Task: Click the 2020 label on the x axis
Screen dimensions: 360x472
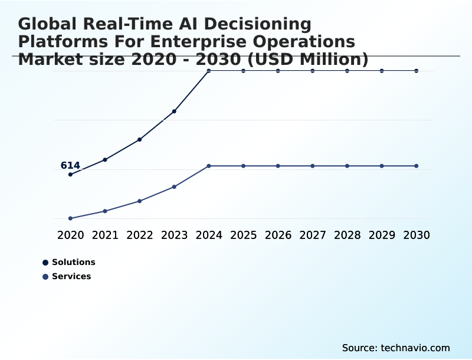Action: [x=71, y=235]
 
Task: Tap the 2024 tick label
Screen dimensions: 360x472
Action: [x=209, y=235]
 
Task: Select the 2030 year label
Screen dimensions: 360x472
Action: [x=417, y=235]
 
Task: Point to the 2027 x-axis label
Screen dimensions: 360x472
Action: [x=313, y=235]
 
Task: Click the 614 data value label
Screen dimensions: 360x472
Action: [x=70, y=166]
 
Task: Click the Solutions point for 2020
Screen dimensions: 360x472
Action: [x=71, y=174]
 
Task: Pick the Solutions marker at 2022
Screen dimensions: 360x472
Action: [x=140, y=139]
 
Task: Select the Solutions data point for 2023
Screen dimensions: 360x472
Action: [x=174, y=111]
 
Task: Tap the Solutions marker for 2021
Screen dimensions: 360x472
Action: [x=105, y=159]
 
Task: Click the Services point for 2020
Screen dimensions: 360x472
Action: [x=71, y=218]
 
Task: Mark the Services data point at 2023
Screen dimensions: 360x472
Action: [x=174, y=186]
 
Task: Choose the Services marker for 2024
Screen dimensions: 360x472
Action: [x=209, y=166]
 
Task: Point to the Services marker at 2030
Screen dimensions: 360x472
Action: [x=417, y=166]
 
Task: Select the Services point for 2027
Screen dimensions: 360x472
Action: [x=313, y=166]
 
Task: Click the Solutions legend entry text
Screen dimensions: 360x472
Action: [x=73, y=262]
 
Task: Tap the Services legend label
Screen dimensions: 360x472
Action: [x=71, y=276]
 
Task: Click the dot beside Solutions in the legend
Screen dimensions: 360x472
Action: [x=45, y=263]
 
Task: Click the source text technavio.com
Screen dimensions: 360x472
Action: [x=396, y=348]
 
